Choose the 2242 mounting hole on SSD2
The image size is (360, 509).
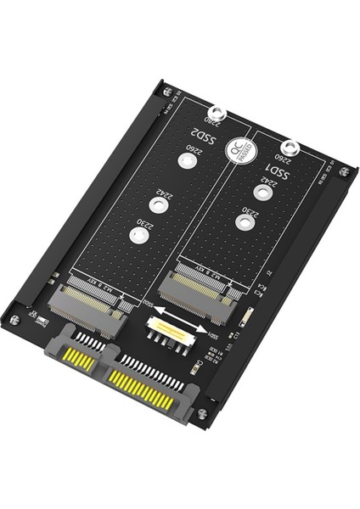point(155,204)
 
